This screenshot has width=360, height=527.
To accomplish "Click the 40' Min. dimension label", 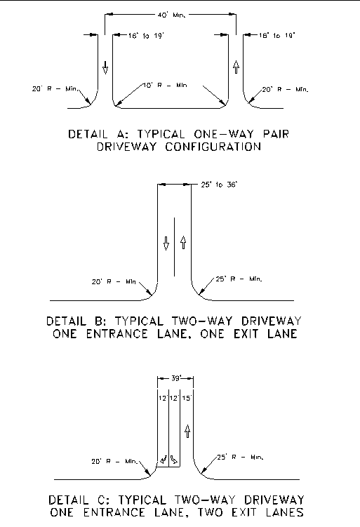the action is click(171, 15).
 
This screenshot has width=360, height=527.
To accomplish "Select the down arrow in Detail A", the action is click(105, 67).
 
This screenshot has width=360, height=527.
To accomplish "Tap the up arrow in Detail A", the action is click(236, 67).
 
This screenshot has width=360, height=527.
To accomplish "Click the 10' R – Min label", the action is click(165, 86).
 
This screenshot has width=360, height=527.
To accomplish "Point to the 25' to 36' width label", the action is click(219, 185).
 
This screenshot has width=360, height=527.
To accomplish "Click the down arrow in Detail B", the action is click(166, 244).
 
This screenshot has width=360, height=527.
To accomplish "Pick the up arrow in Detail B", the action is click(183, 242).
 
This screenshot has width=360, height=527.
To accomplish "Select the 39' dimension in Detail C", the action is click(176, 378).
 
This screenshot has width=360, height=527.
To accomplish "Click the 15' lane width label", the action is click(187, 398).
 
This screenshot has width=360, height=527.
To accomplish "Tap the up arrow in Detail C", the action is click(187, 431).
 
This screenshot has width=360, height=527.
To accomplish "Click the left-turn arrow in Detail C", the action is click(164, 460).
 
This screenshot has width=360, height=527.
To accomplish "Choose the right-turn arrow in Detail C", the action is click(174, 460).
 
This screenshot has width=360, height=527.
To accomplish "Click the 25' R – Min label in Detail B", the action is click(239, 279).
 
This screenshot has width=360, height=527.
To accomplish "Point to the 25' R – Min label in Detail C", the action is click(240, 457).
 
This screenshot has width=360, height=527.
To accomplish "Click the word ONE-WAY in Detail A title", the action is click(224, 134).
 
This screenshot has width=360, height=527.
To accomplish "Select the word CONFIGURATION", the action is click(213, 147).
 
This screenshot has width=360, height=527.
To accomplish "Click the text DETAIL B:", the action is click(76, 321).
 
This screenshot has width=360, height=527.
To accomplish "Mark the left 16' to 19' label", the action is click(146, 36).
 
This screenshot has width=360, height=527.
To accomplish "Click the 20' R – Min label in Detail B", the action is click(114, 281).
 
